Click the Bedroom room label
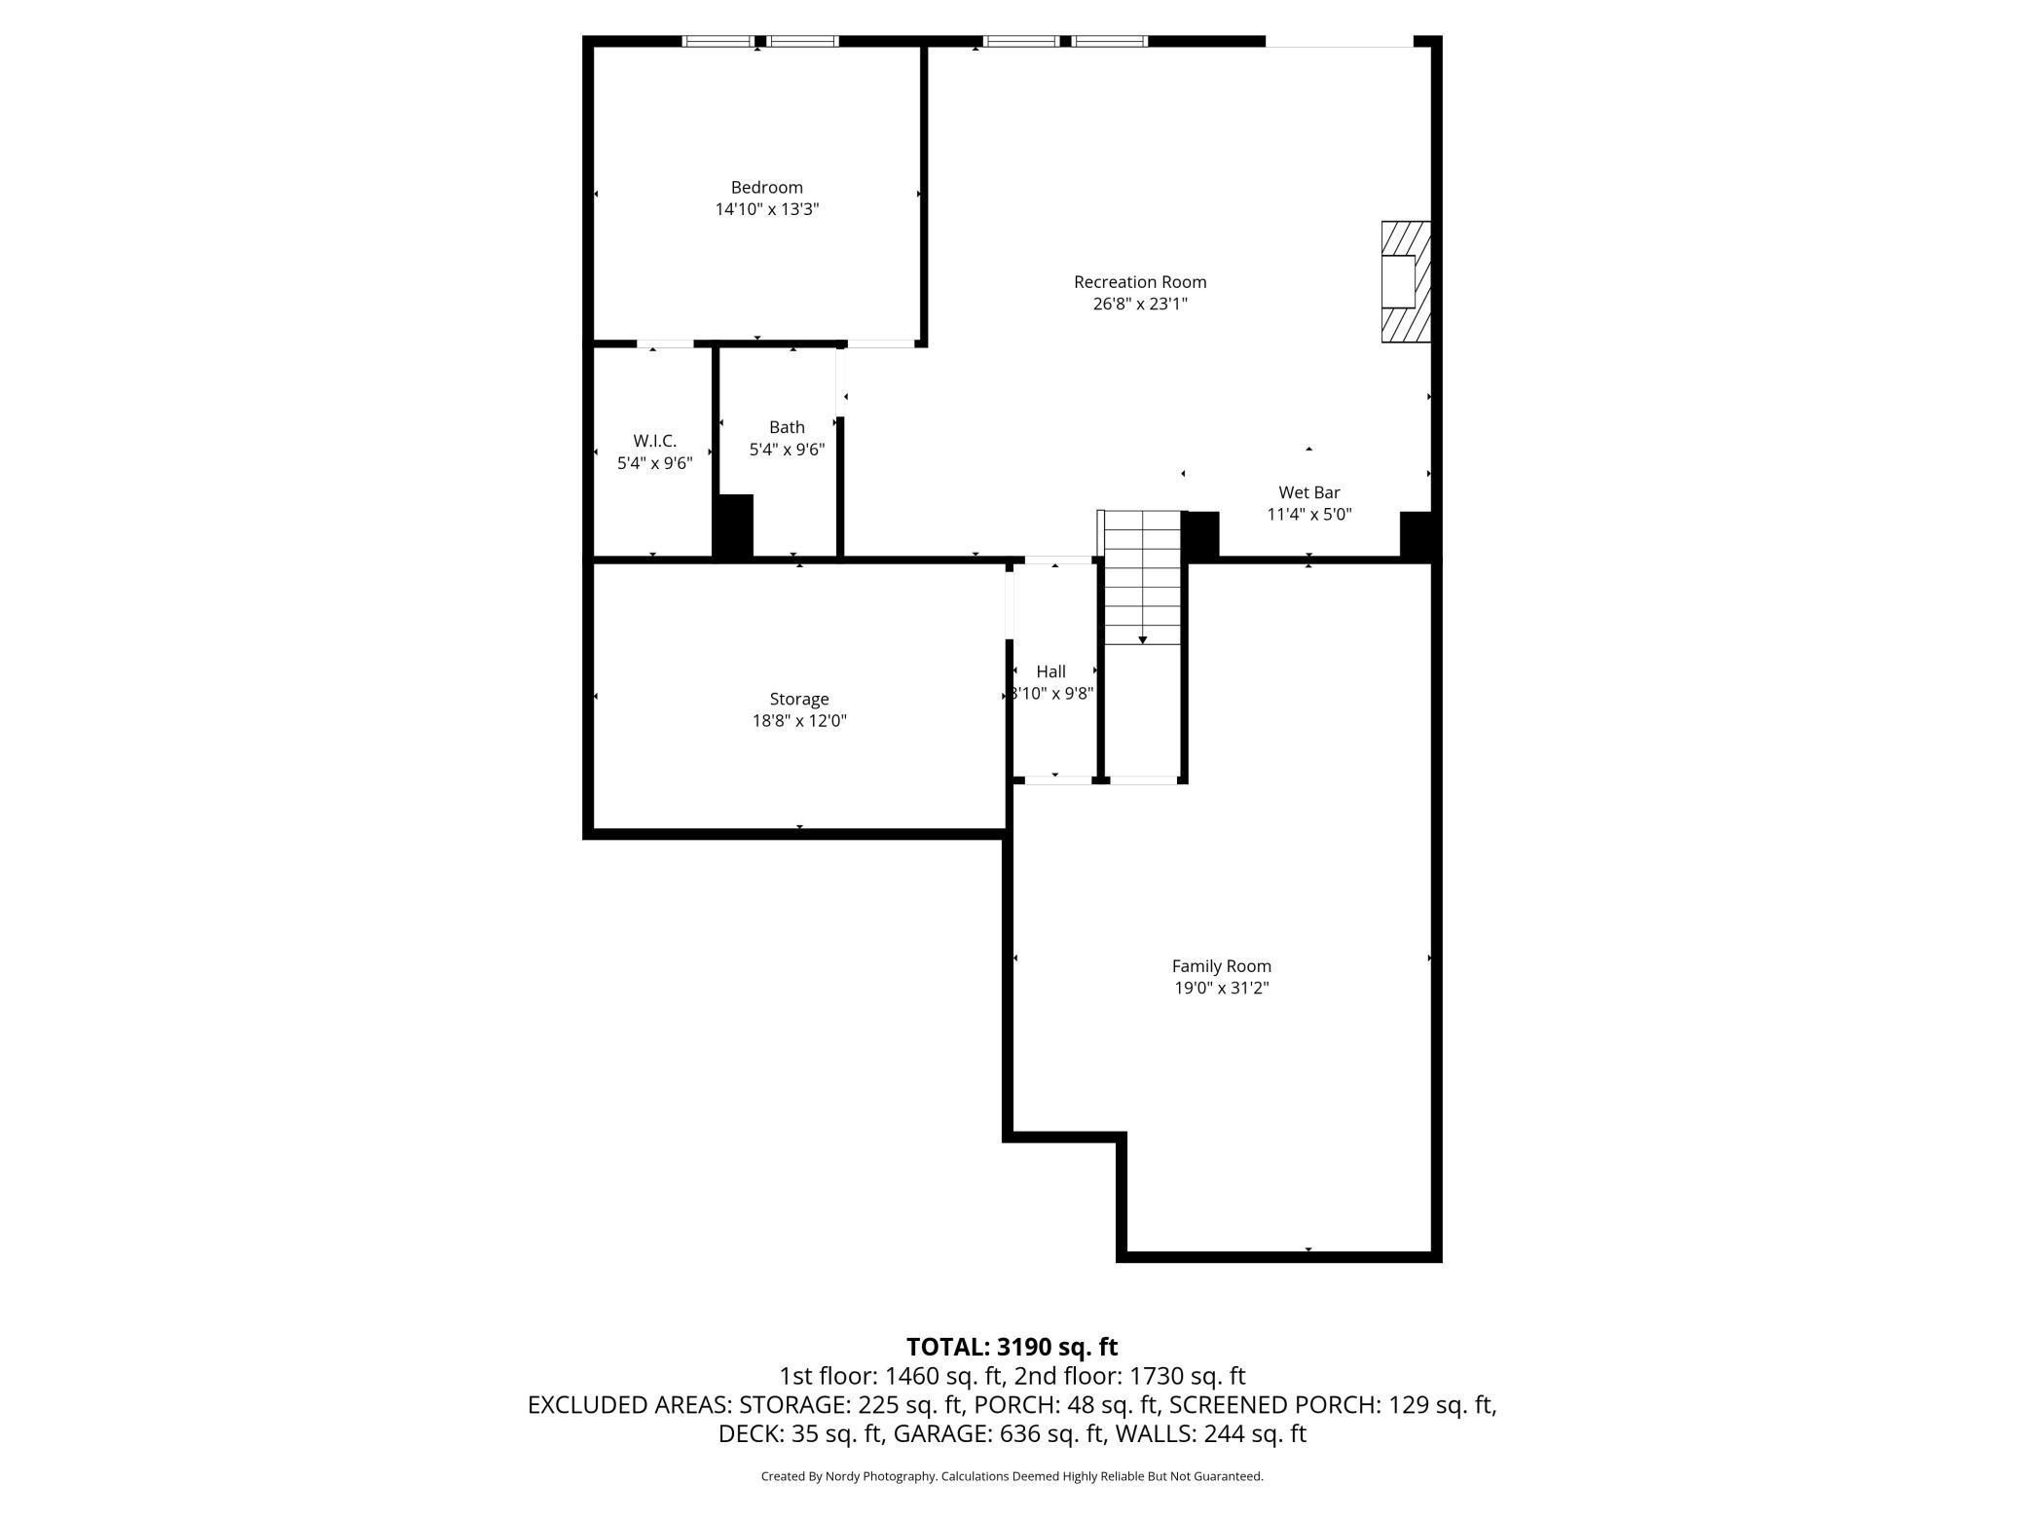(766, 187)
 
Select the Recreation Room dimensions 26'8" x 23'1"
(1140, 304)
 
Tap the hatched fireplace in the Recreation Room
(1406, 282)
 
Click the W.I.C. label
(654, 441)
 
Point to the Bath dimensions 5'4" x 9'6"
(787, 450)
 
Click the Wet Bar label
(1308, 492)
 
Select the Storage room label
(798, 699)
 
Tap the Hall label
(1050, 671)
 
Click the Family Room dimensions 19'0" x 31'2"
(1221, 988)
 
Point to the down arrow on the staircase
(1142, 639)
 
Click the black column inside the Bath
(734, 525)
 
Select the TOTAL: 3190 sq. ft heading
(1012, 1347)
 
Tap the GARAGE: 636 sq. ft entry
(999, 1433)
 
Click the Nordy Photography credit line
(1012, 1476)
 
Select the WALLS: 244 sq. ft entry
(1210, 1433)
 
